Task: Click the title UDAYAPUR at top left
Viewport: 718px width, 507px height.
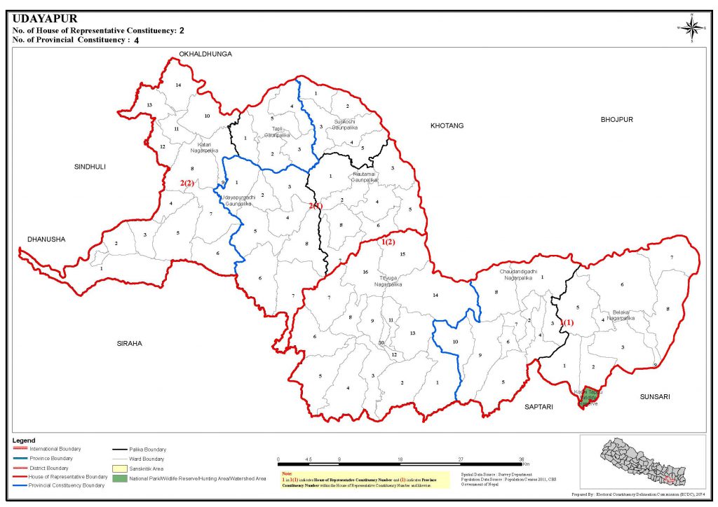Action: [x=45, y=19]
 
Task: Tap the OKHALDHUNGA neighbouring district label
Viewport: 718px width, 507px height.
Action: [x=205, y=54]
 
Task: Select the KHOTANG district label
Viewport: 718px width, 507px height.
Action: [x=447, y=125]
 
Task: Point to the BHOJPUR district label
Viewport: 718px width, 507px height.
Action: [x=616, y=120]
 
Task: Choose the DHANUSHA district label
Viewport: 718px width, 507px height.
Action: [x=46, y=239]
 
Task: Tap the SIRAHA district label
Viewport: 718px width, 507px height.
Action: [x=130, y=343]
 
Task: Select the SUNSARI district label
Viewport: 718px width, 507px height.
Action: [x=655, y=397]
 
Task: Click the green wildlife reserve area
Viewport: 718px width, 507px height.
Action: [x=590, y=396]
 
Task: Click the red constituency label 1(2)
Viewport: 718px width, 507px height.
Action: [x=388, y=242]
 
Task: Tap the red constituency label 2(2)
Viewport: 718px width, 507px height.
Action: [x=187, y=183]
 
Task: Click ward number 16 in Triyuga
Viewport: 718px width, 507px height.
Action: [x=365, y=272]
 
